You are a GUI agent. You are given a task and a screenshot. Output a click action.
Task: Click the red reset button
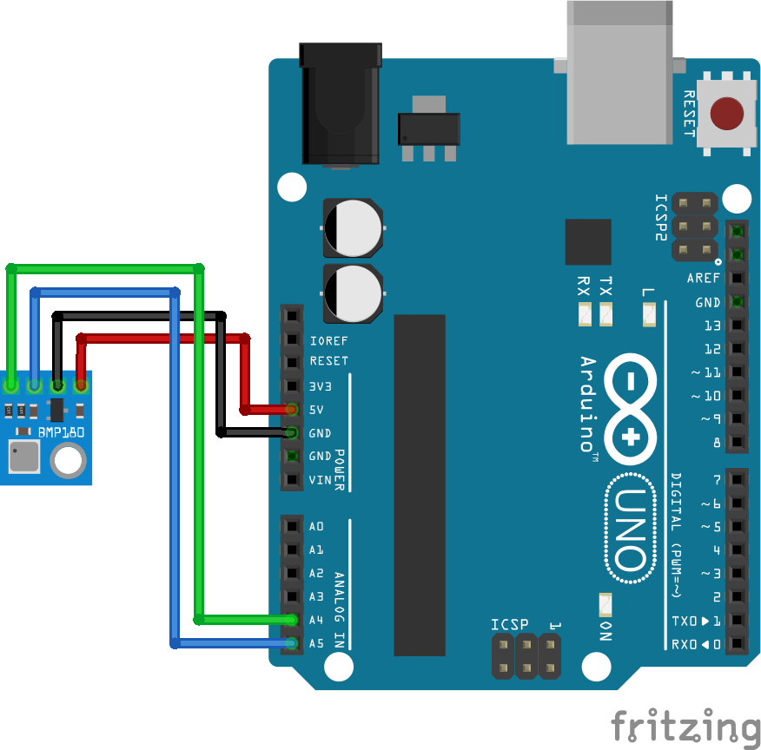726,113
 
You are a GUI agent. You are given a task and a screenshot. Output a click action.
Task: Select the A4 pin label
316,620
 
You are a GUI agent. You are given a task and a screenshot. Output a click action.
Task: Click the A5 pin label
316,643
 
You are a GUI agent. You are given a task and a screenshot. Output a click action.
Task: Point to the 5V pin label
316,409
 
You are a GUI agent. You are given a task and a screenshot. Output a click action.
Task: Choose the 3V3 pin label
321,385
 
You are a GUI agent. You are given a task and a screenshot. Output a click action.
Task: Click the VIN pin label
320,480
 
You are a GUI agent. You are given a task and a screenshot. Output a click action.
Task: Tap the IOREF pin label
328,340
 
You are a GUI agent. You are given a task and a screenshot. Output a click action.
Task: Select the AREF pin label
704,279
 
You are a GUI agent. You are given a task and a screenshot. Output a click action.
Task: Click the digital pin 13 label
712,326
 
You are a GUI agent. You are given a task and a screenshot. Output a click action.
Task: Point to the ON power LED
605,603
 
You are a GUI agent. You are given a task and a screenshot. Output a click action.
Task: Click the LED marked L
648,315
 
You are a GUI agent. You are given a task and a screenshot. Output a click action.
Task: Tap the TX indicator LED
605,314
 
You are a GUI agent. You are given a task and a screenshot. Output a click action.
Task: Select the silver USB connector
619,74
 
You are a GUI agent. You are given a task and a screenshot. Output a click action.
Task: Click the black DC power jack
341,104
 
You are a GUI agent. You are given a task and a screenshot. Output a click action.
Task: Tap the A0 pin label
316,526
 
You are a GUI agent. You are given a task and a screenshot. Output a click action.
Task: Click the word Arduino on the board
588,404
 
